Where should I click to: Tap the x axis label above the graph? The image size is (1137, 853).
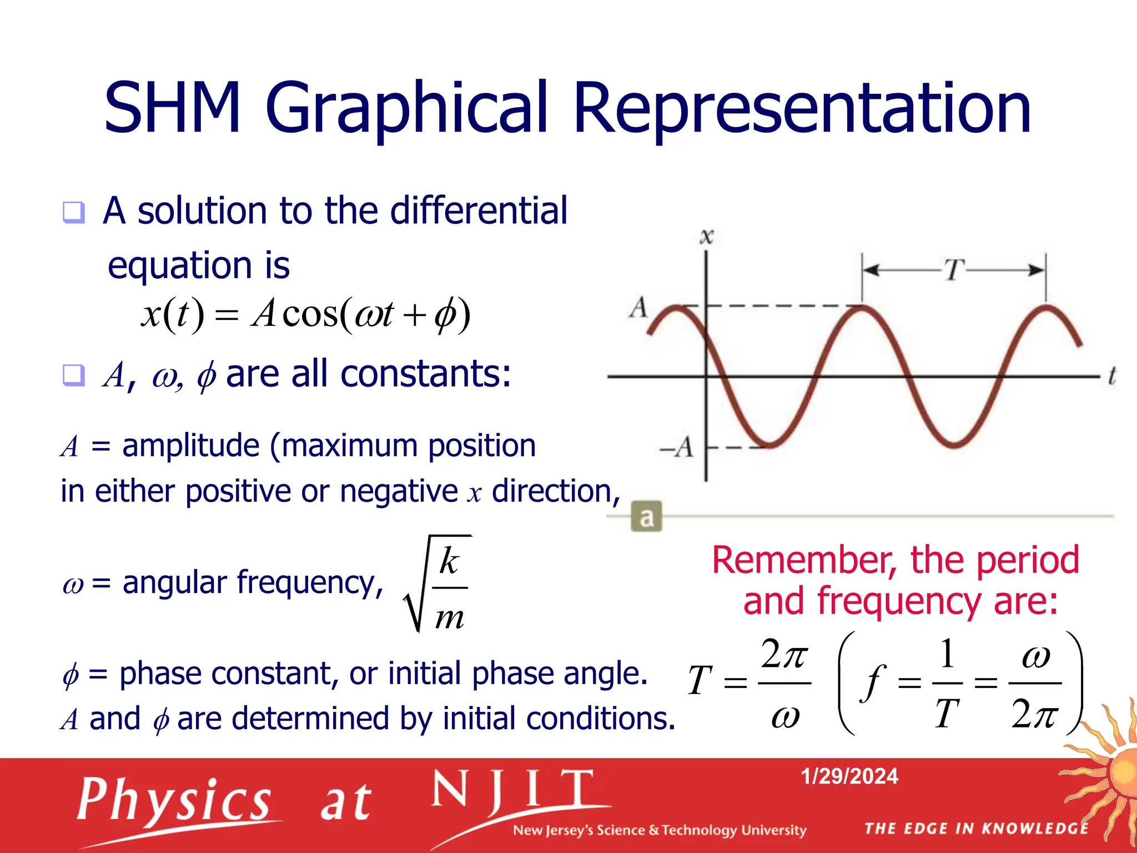(x=706, y=237)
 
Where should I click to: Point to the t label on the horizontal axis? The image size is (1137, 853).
(x=1112, y=376)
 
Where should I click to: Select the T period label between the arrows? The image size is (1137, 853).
(x=954, y=270)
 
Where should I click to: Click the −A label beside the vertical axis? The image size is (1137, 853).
(x=677, y=447)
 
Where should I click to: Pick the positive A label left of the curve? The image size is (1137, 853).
(x=638, y=307)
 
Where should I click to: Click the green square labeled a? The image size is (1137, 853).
(x=646, y=517)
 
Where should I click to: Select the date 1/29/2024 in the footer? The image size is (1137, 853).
(x=849, y=776)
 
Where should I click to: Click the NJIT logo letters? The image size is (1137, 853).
(x=514, y=789)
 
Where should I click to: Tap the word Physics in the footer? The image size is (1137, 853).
(x=174, y=800)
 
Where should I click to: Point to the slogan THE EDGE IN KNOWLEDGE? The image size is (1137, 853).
(x=977, y=829)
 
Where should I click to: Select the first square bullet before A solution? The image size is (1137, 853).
(x=74, y=212)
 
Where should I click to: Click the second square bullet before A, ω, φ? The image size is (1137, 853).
(x=74, y=376)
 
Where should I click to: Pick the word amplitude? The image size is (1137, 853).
(x=190, y=445)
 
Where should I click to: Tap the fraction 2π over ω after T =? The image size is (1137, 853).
(x=784, y=683)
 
